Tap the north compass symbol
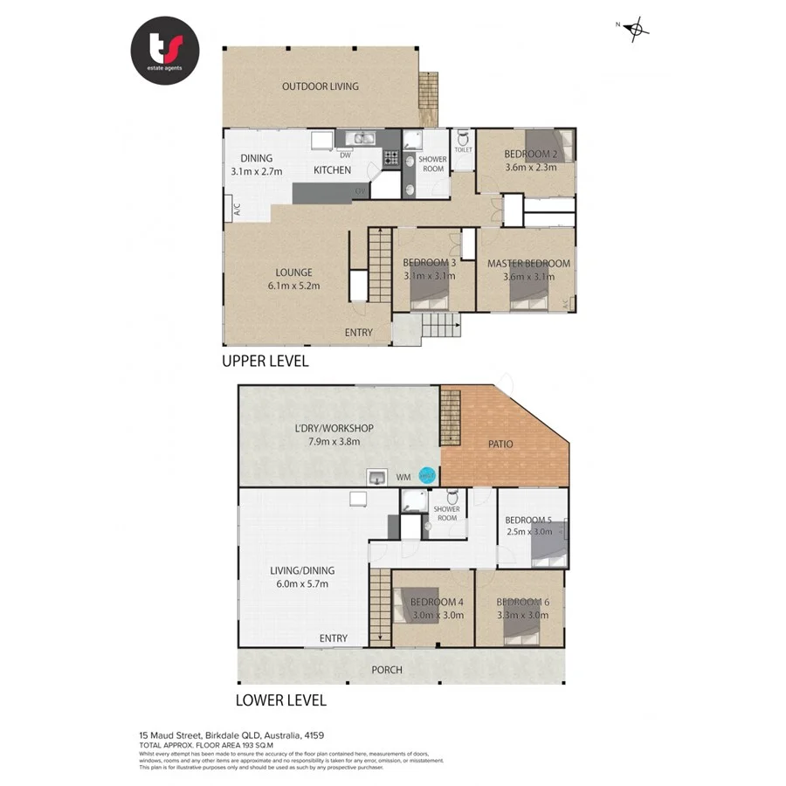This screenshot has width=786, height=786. click(638, 29)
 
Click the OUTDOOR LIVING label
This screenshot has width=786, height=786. click(320, 86)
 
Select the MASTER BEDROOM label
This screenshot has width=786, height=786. click(528, 264)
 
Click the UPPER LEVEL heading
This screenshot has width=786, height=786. click(265, 361)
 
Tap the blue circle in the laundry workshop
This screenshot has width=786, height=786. click(427, 476)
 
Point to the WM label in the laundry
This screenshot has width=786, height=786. click(403, 478)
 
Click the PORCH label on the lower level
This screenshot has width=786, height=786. click(387, 670)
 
